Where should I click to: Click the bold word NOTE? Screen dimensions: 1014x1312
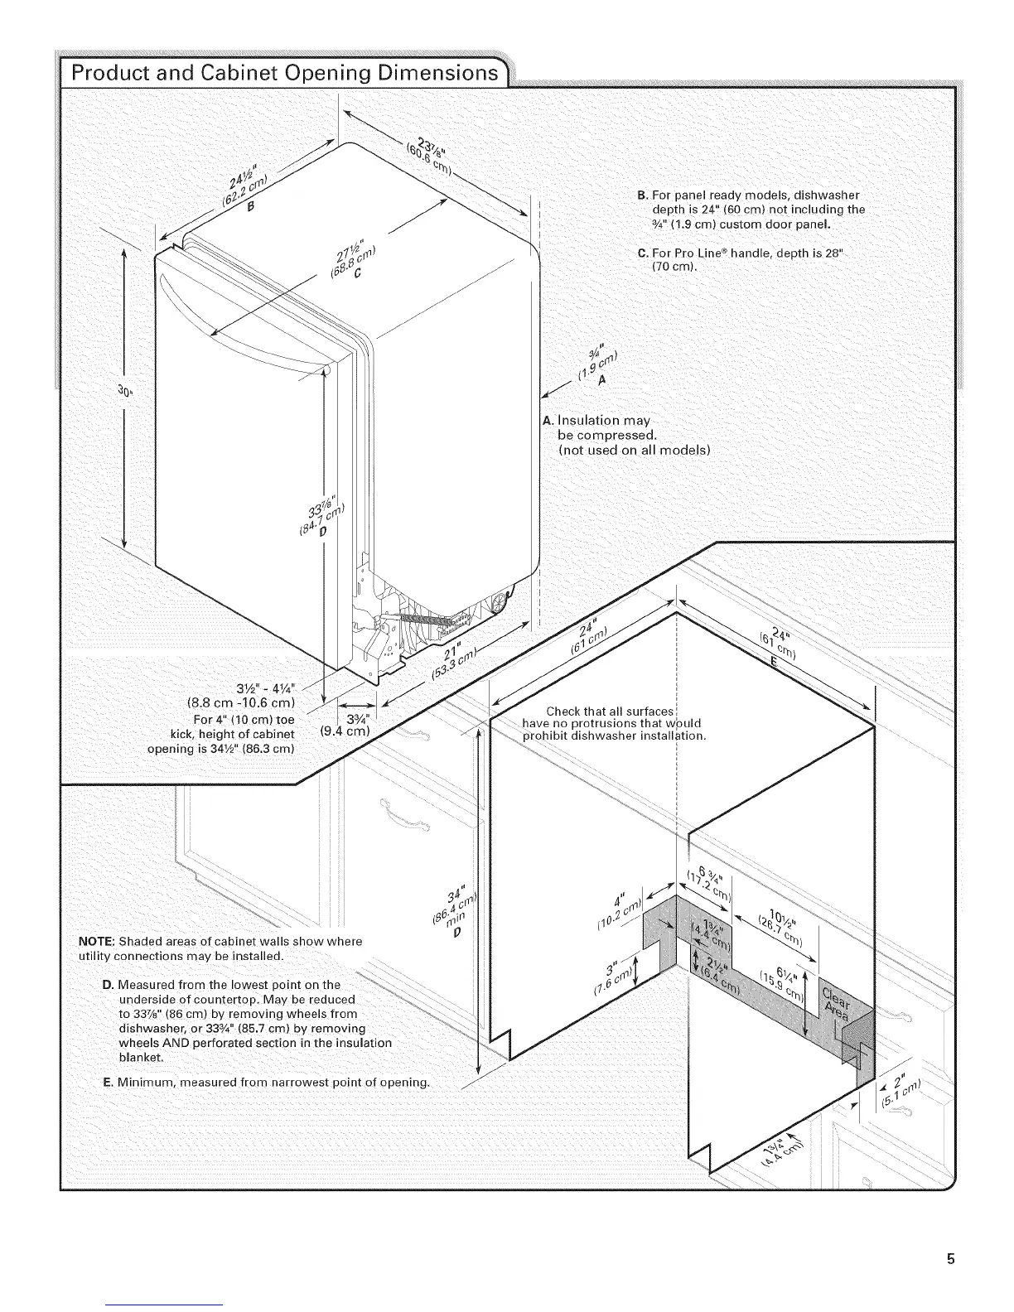click(95, 941)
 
